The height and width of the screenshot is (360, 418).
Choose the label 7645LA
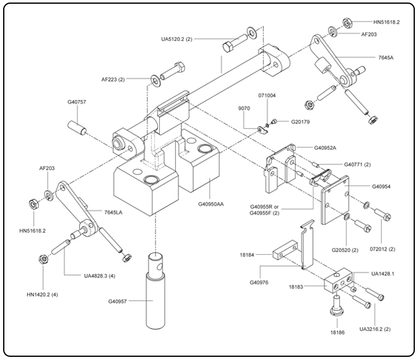(113, 213)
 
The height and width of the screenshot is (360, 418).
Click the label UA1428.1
(383, 274)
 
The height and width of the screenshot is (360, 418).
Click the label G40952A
(327, 148)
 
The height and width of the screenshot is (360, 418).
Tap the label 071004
(268, 96)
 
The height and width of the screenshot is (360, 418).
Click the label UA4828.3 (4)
(101, 275)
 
